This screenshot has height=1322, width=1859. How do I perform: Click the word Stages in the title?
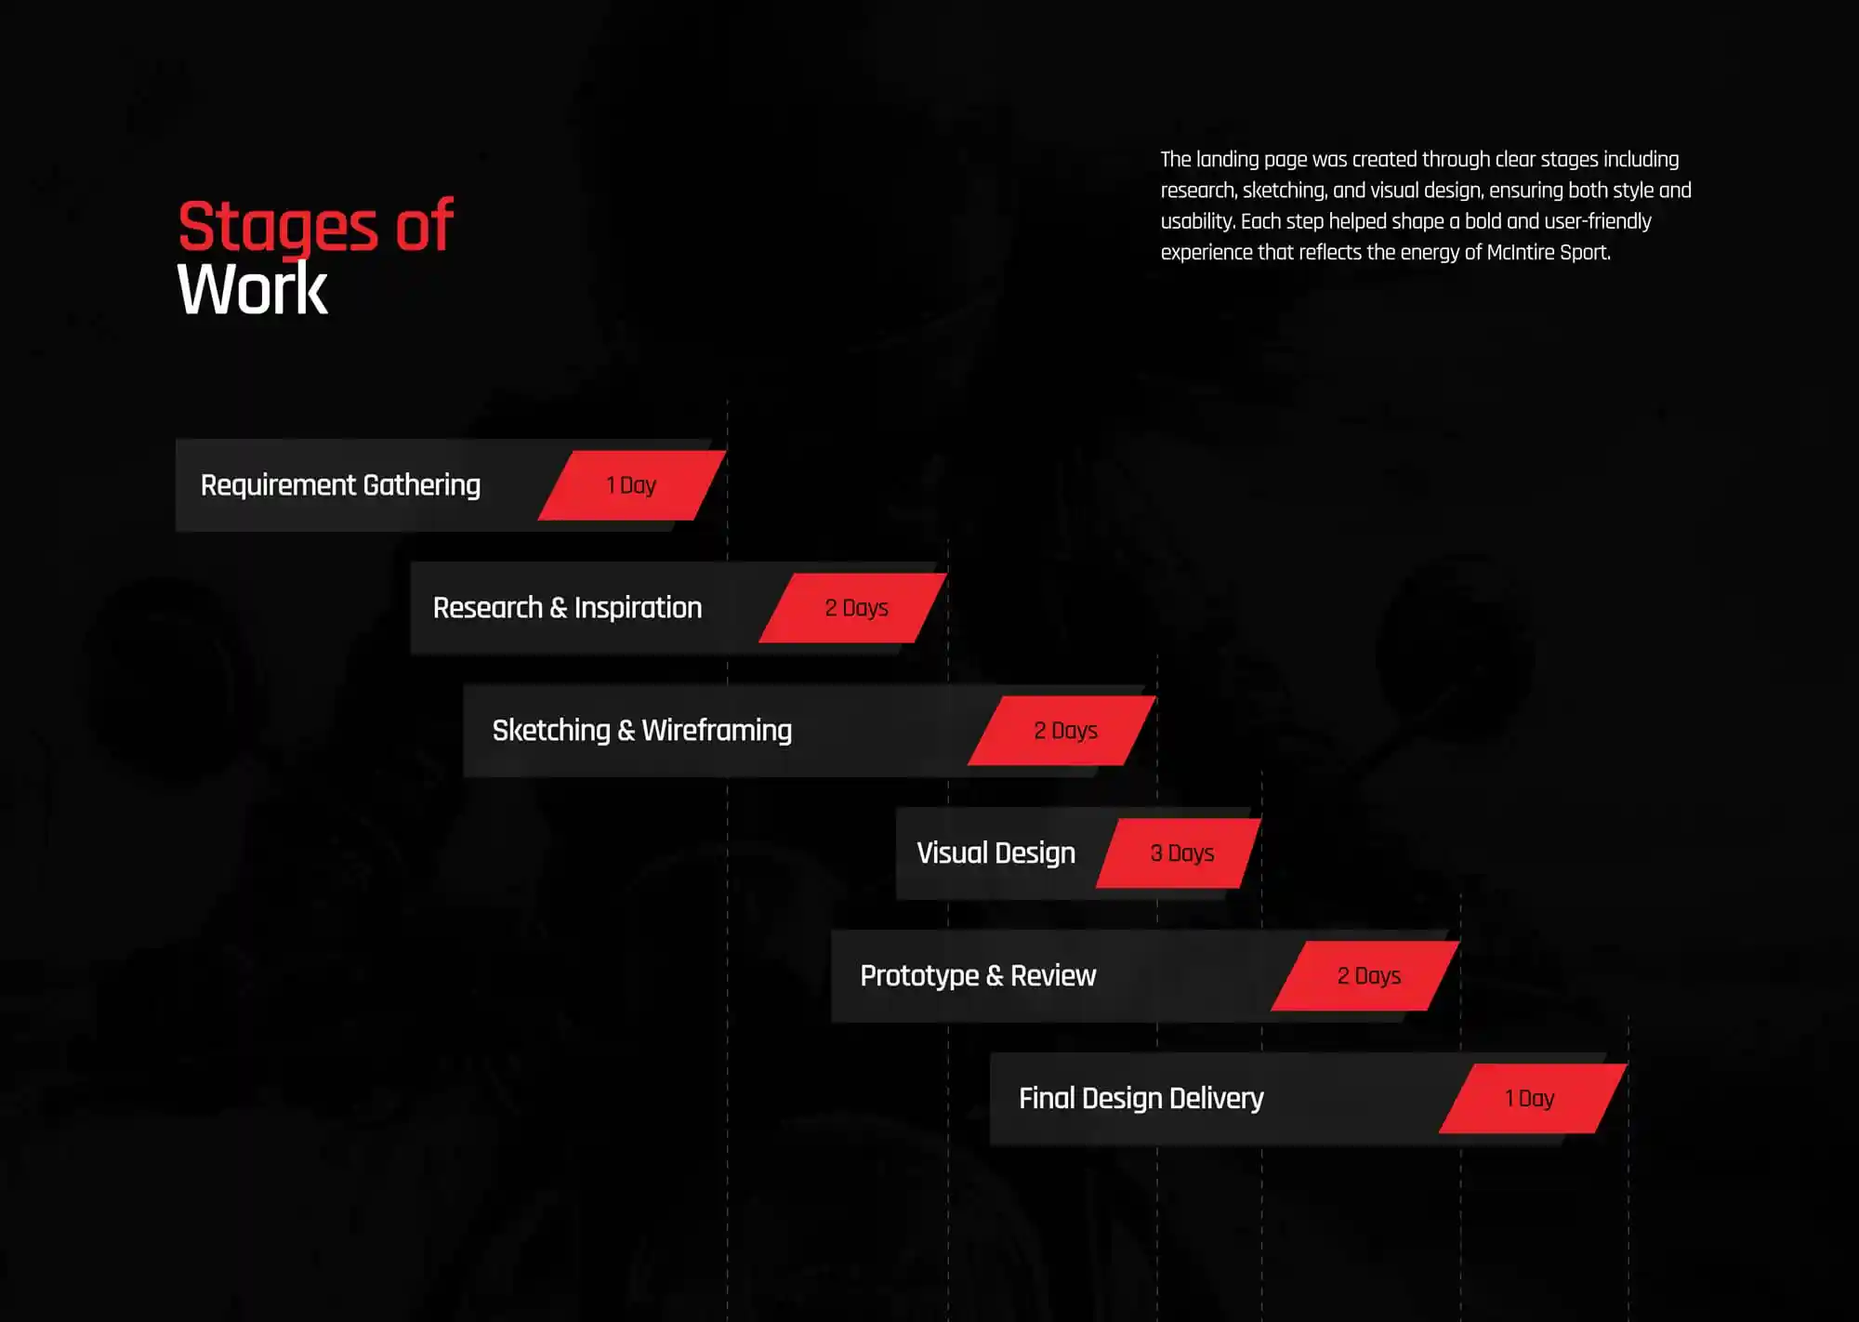coord(278,228)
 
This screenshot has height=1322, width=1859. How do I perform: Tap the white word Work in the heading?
coord(252,290)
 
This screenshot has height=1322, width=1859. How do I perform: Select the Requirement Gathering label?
coord(340,485)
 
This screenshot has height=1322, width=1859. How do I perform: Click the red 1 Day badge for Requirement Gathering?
coord(632,485)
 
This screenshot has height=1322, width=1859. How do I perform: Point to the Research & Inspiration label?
coord(567,608)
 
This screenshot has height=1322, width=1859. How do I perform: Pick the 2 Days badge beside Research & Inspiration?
coord(854,608)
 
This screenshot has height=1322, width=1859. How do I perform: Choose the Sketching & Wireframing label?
coord(641,731)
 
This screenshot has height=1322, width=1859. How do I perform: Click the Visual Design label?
coord(995,853)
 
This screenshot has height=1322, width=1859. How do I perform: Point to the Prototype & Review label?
coord(978,976)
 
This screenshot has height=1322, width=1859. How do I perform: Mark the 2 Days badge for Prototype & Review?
coord(1365,976)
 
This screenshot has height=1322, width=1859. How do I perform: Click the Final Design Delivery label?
coord(1140,1099)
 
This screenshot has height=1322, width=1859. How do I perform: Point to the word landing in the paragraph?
coord(1227,160)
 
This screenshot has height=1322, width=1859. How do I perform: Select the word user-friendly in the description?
coord(1598,222)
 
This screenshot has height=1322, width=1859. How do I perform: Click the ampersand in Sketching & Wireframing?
coord(626,731)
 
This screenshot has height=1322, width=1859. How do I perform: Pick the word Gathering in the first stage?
coord(422,485)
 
